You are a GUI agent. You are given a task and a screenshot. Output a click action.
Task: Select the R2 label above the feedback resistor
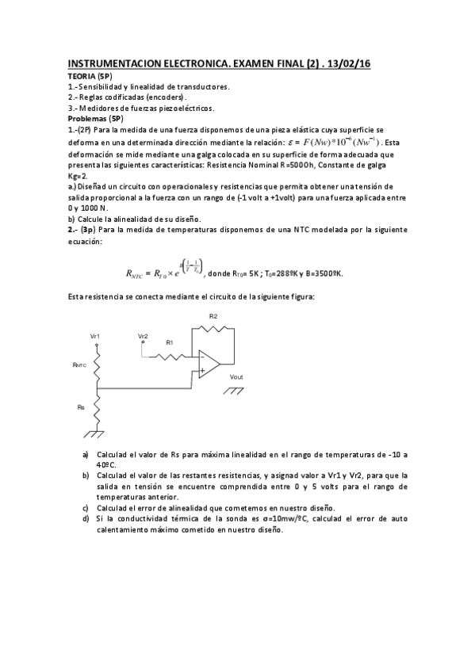[213, 316]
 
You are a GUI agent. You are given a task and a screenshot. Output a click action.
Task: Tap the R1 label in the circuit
[169, 342]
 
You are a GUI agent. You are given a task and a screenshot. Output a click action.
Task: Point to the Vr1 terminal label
[95, 338]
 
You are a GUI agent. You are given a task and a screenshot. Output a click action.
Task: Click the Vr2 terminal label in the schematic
[143, 336]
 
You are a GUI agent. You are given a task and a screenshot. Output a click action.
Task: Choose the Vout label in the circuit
[236, 376]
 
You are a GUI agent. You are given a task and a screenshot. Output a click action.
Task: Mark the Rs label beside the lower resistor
[81, 407]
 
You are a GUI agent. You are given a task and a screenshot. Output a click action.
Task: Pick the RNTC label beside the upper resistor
[79, 365]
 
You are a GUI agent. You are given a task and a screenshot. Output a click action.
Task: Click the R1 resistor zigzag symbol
[174, 356]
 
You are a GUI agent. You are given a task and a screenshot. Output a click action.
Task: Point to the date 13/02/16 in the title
[348, 63]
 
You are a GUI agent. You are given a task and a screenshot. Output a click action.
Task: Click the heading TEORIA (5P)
[88, 74]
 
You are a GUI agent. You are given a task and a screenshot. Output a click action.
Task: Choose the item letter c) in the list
[86, 508]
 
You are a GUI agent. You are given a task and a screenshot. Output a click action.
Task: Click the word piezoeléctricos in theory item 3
[185, 108]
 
